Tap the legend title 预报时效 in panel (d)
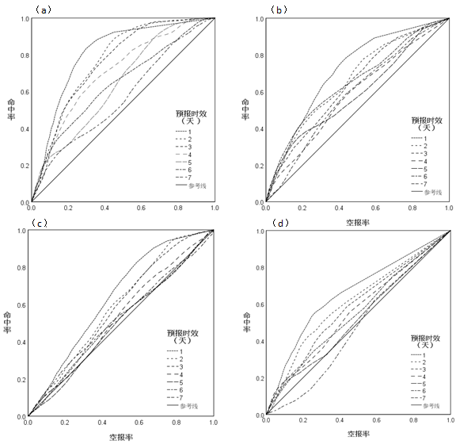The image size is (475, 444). pyautogui.click(x=428, y=336)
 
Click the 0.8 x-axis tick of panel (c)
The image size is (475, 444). pyautogui.click(x=177, y=423)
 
